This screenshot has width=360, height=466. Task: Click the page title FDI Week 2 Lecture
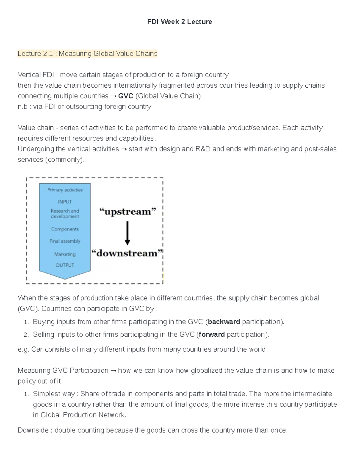tap(179, 22)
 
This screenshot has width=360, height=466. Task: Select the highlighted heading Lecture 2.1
tap(87, 53)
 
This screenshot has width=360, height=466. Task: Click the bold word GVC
tap(126, 96)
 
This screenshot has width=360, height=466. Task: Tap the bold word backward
tap(224, 322)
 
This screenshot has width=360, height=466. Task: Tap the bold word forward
tap(212, 335)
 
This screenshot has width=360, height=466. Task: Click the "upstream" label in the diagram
tap(128, 212)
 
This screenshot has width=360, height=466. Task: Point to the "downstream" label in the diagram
tap(127, 253)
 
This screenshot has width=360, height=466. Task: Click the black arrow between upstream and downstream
tap(127, 233)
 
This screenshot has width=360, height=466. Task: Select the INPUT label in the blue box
tap(65, 202)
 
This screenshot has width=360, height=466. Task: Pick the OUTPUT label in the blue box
tap(65, 265)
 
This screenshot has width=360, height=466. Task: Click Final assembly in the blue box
tap(65, 241)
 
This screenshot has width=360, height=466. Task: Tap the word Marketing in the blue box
tap(65, 254)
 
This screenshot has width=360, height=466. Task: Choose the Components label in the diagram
tap(65, 229)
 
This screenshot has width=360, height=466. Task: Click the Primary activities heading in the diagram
tap(65, 190)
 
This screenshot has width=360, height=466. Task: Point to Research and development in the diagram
tap(65, 214)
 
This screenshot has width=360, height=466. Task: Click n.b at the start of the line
tap(22, 107)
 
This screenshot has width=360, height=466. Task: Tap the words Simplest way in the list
tap(55, 394)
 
